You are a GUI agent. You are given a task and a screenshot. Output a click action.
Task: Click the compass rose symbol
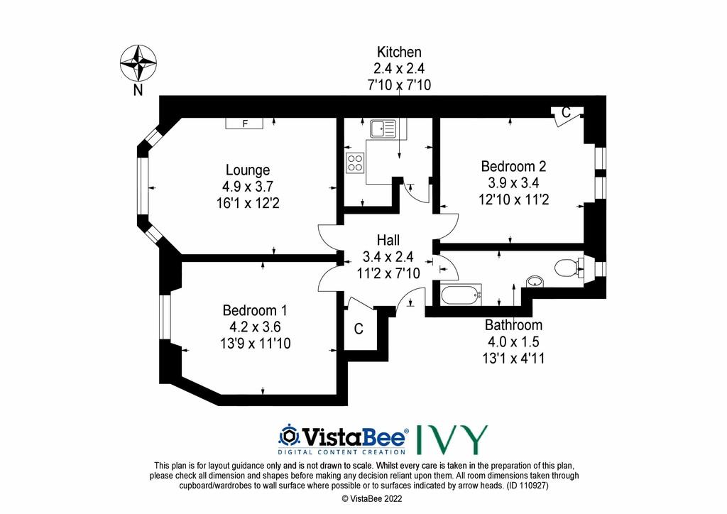coord(138,63)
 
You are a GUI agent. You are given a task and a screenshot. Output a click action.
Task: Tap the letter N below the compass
coord(138,90)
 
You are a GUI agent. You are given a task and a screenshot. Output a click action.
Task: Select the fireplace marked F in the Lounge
coord(244,124)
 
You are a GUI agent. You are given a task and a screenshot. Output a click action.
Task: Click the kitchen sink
coord(383,128)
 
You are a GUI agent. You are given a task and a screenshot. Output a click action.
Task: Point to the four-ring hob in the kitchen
coord(355,162)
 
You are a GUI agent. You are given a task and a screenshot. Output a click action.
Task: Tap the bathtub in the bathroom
coord(461,295)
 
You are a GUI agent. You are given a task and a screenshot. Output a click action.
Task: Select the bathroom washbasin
coord(535,281)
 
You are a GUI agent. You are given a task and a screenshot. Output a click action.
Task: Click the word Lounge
coord(248,170)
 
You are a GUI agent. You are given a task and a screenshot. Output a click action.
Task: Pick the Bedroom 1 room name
coord(255,310)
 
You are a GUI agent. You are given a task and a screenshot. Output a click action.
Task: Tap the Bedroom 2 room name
coord(513,166)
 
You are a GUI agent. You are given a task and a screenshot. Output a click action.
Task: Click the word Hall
coord(388,240)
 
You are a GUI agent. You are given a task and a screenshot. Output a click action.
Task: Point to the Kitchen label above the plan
coord(399,52)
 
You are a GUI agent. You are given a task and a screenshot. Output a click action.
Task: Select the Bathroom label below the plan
coord(513,325)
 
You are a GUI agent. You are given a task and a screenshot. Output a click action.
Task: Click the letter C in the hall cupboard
coord(359,329)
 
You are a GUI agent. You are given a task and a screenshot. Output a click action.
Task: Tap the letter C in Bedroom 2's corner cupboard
coord(566,113)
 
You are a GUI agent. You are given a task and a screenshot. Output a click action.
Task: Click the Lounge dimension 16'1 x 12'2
coord(248,203)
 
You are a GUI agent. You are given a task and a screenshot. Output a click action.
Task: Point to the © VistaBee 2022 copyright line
coord(372,499)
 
